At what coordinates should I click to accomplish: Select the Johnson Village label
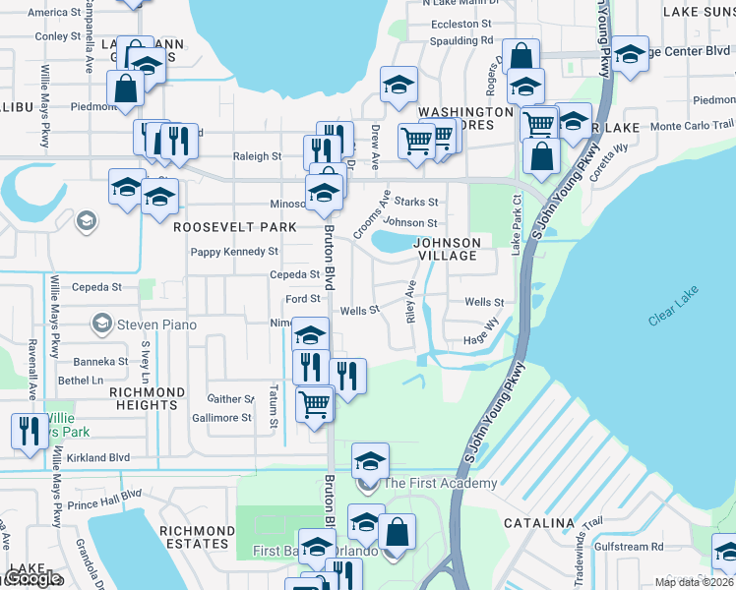(447, 249)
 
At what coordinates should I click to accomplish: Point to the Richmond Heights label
(147, 398)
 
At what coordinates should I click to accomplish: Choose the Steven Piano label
(156, 324)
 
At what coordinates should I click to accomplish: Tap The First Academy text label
(440, 483)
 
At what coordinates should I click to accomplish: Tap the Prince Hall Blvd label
(105, 500)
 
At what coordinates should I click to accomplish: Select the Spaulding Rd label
(462, 41)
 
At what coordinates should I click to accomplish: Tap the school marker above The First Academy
(370, 459)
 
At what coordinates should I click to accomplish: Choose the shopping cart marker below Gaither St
(315, 401)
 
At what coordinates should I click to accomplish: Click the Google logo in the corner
(32, 579)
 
